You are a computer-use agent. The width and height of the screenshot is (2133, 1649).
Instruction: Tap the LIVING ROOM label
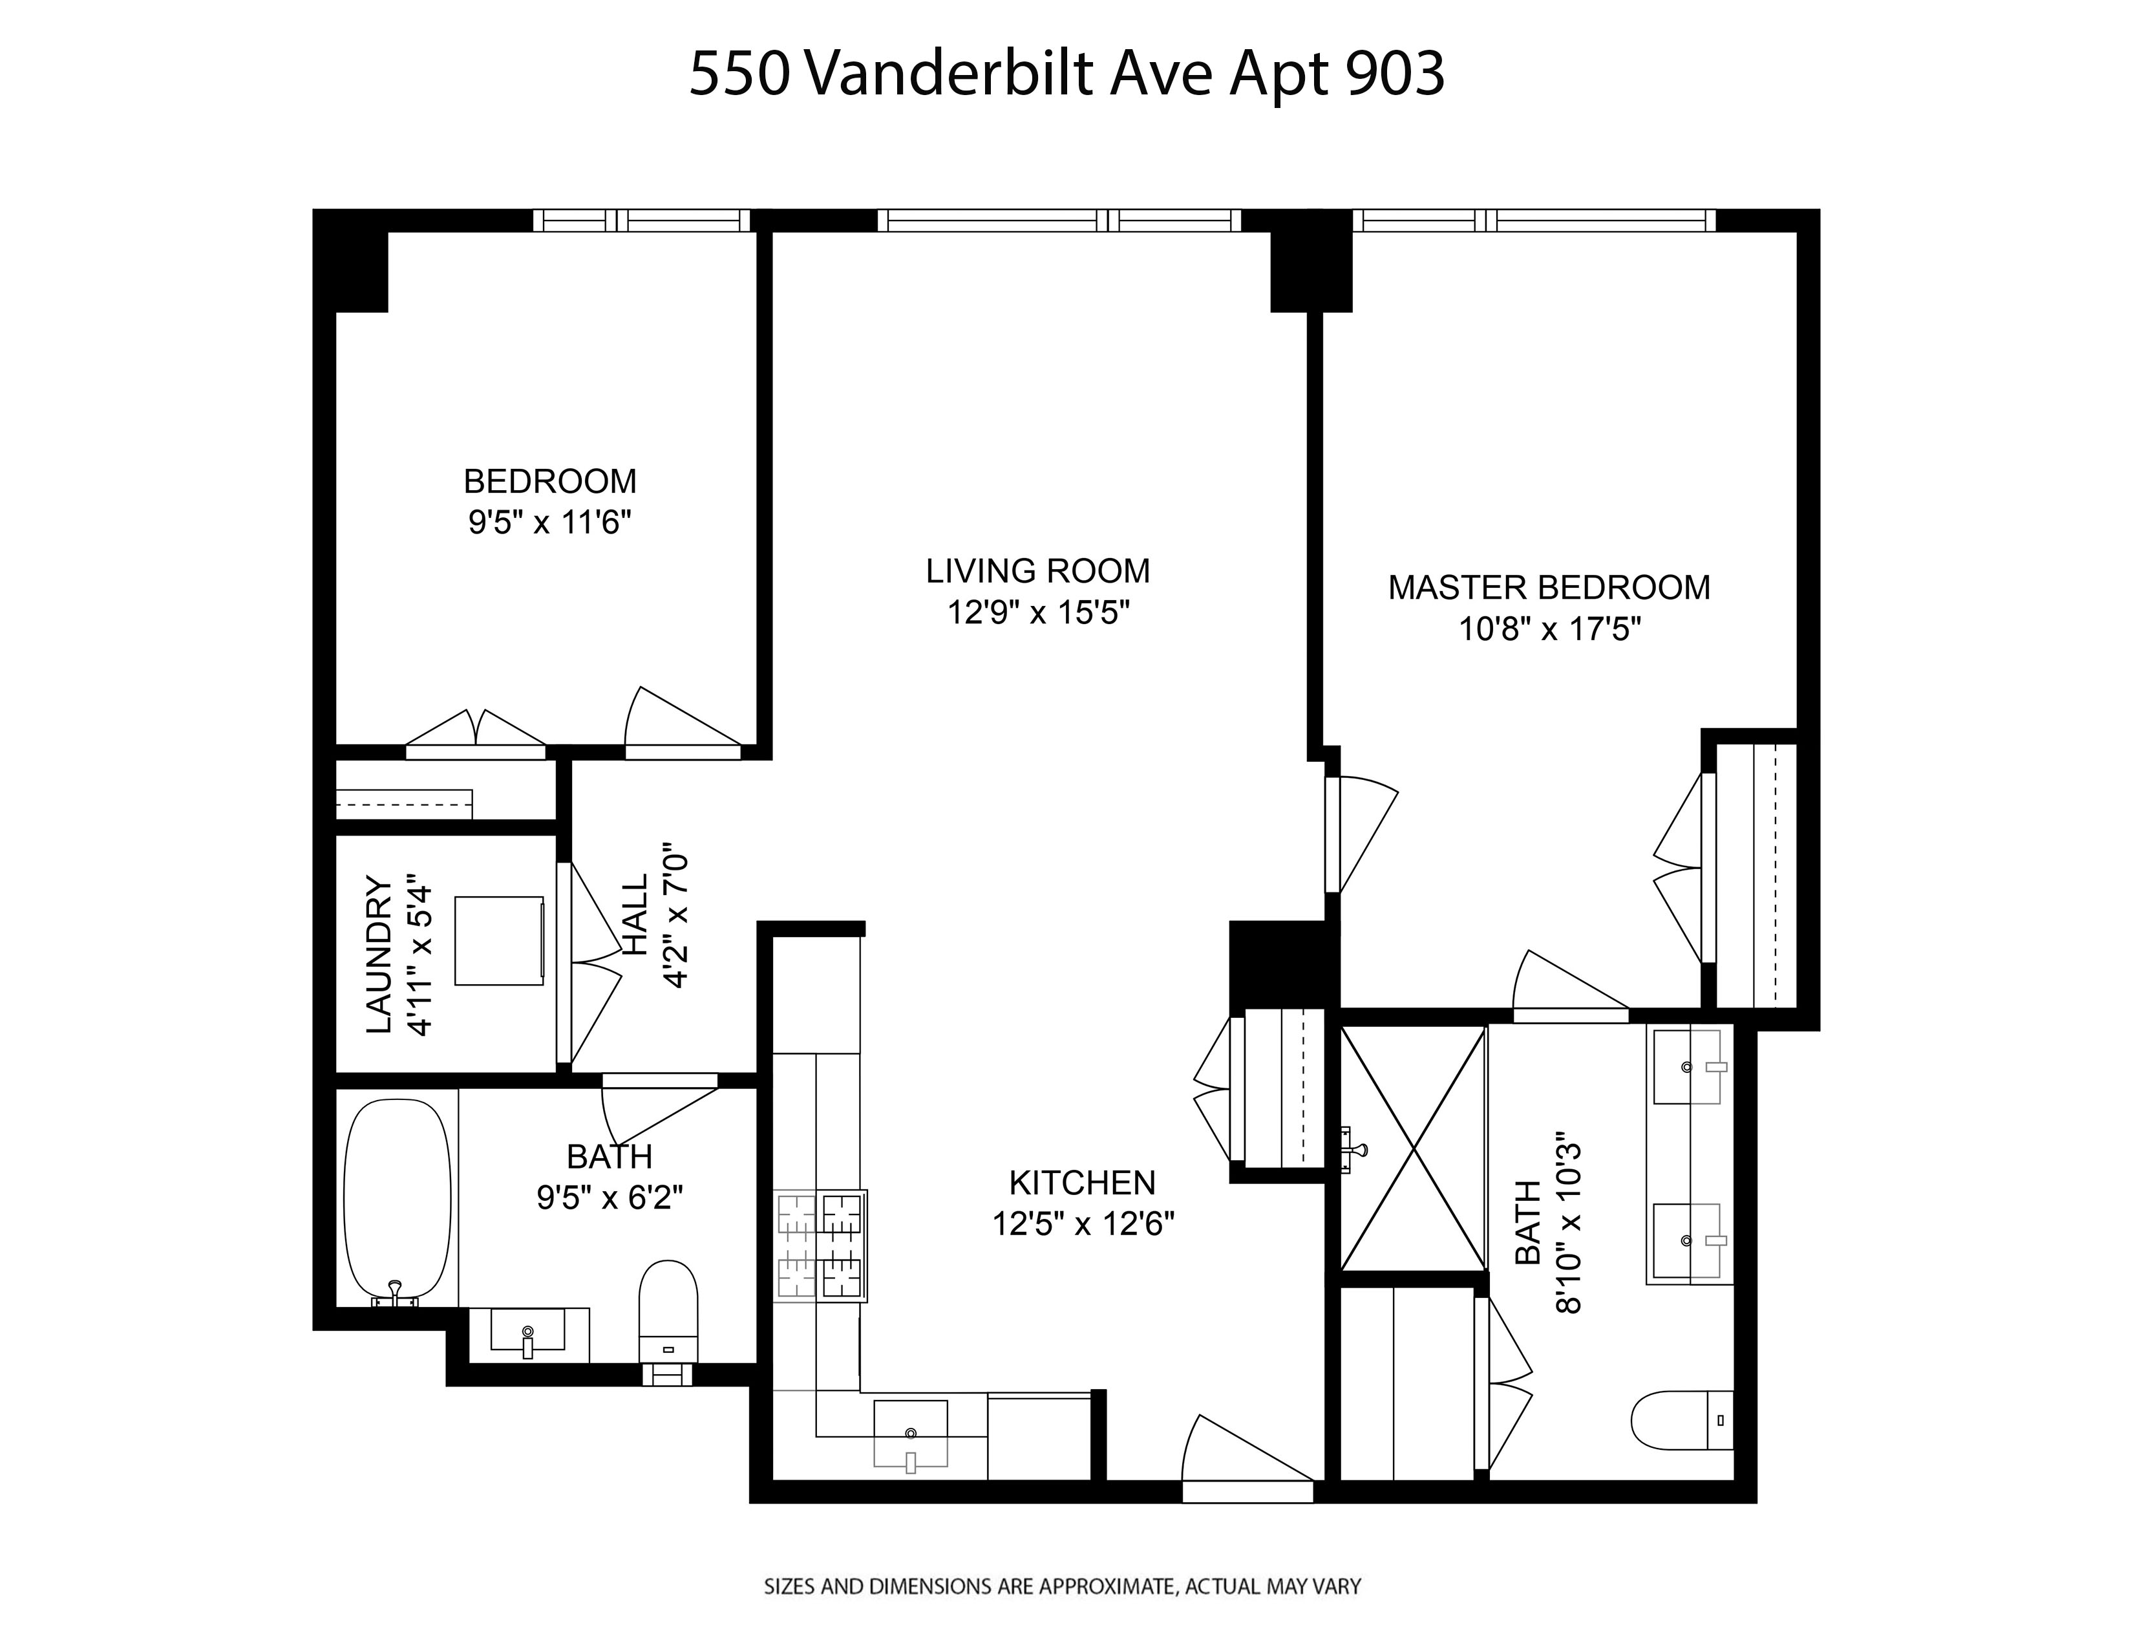(x=1037, y=570)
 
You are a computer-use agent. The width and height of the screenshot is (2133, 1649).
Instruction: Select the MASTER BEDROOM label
(x=1549, y=587)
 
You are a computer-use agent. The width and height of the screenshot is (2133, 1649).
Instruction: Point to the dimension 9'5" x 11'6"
(x=550, y=523)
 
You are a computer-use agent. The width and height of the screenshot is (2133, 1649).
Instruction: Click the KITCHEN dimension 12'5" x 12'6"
(x=1083, y=1223)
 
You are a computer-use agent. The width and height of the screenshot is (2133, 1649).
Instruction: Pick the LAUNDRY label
(x=379, y=954)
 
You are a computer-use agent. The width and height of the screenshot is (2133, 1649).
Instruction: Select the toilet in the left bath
(x=668, y=1309)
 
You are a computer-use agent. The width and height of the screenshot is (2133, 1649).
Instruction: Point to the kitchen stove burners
(x=820, y=1245)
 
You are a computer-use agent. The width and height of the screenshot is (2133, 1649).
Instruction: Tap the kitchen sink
(x=910, y=1433)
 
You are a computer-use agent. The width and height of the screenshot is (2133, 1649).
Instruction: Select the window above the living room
(x=1059, y=221)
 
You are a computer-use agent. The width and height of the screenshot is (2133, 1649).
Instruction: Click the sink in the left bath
(x=527, y=1331)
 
